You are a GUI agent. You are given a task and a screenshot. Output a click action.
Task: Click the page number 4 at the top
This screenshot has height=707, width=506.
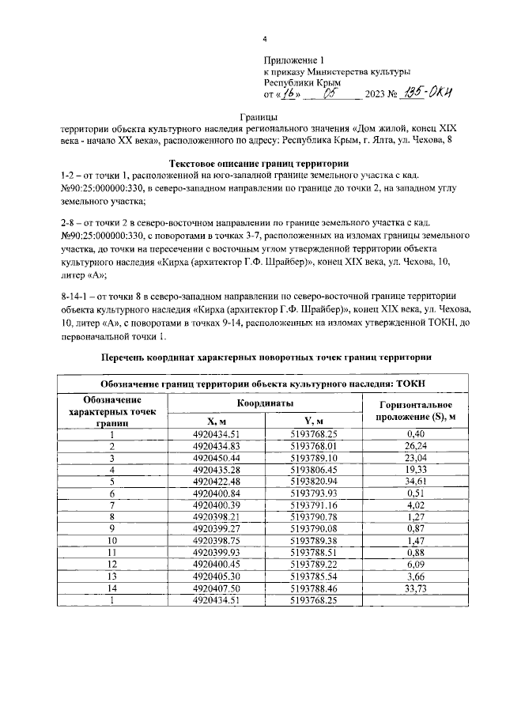click(266, 39)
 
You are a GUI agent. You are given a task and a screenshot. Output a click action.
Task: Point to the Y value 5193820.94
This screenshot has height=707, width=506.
click(313, 481)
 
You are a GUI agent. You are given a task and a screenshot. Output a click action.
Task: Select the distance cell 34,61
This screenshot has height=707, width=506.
click(415, 481)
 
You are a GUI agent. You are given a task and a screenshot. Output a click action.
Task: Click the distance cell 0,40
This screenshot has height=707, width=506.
click(415, 433)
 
